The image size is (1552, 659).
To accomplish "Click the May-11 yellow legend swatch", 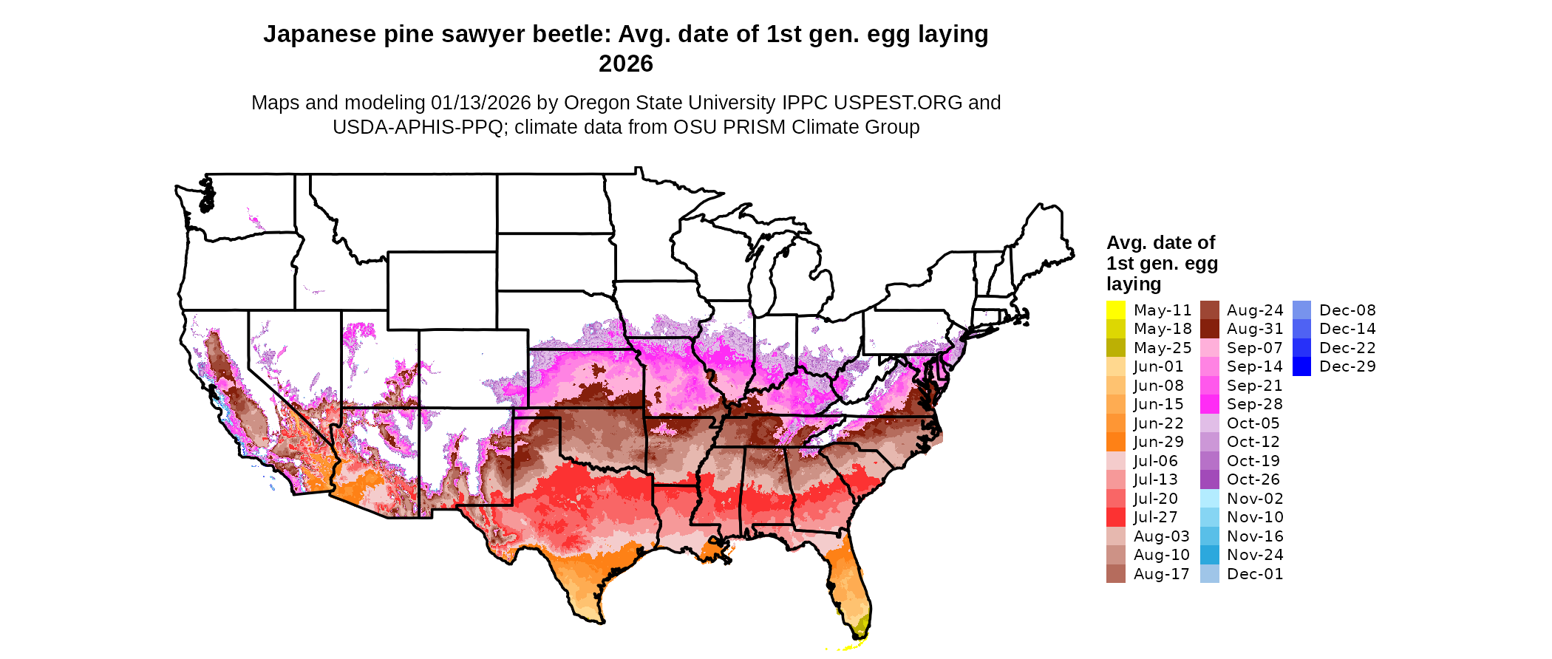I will coord(1115,310).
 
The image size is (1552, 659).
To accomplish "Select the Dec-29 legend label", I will coord(1347,366).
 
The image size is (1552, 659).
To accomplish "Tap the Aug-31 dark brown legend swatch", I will coord(1209,329).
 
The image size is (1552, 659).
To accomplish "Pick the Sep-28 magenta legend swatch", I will coord(1209,404).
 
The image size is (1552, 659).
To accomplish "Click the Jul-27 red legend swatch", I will coord(1115,517).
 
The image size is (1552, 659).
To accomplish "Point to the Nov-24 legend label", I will coord(1255,555).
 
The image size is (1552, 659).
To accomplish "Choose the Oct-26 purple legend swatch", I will coord(1209,479).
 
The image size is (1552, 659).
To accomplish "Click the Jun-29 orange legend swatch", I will coord(1115,442).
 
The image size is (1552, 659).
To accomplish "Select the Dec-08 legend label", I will coord(1347,310).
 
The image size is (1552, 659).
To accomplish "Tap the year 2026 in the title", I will coord(625,64).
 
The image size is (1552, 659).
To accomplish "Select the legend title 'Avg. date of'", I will coord(1160,242).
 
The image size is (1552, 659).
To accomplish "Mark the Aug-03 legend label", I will coord(1161,536).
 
